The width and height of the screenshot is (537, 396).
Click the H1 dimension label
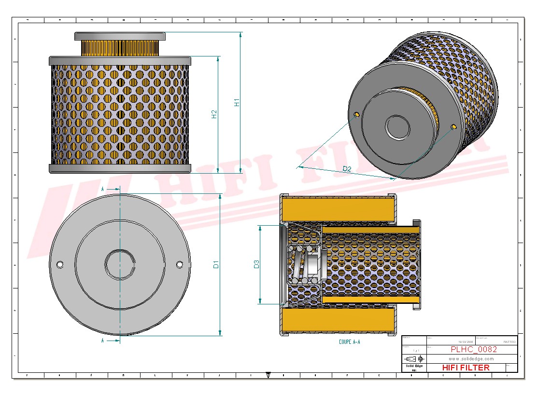(237, 102)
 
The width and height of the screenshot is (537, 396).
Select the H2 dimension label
(214, 114)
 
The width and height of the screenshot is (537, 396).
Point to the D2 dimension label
(347, 169)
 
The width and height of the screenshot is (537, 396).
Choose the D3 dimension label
(256, 264)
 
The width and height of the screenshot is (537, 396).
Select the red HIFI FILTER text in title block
(466, 368)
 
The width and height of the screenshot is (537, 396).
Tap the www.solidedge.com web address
(471, 359)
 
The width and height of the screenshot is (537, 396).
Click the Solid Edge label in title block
(414, 367)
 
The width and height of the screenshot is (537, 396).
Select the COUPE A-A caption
(350, 342)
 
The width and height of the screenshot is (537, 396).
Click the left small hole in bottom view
(60, 264)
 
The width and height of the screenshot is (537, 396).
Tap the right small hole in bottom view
(180, 264)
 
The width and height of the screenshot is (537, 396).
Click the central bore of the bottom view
(120, 264)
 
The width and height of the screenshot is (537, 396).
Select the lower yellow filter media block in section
(338, 320)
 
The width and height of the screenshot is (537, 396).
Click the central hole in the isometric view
(398, 127)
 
